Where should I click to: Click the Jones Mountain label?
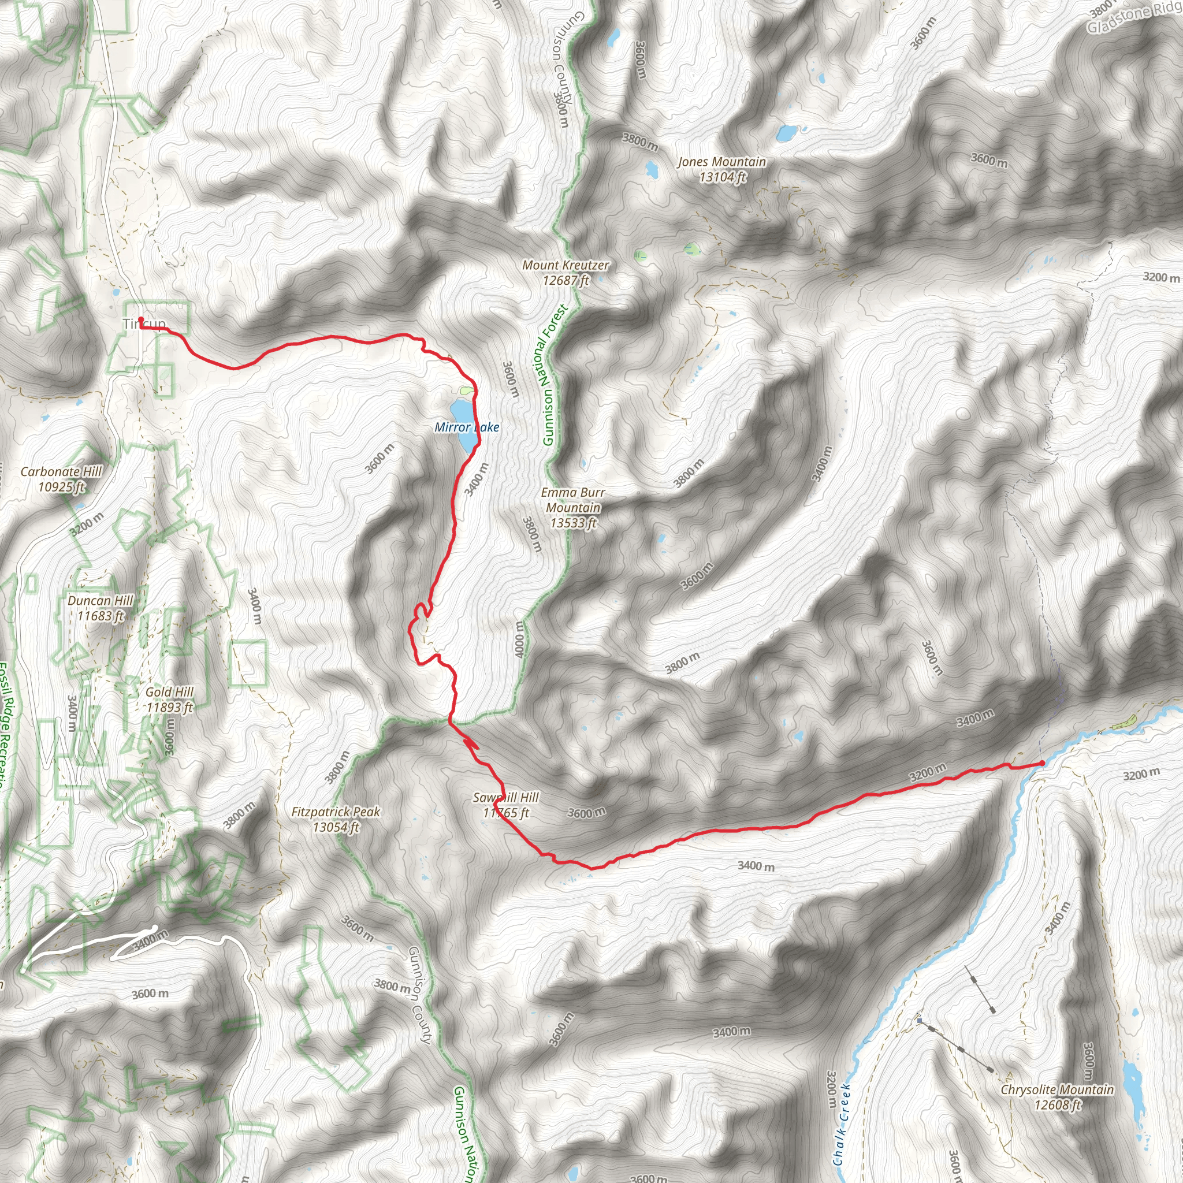[x=721, y=162]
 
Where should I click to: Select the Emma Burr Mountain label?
[x=573, y=507]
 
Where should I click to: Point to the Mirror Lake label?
[x=467, y=427]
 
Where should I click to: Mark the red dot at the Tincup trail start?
[x=141, y=319]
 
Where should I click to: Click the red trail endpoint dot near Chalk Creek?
[x=1042, y=763]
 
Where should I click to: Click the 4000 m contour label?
[x=519, y=639]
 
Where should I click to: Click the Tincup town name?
[x=144, y=324]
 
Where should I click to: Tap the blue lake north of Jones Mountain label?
[x=786, y=132]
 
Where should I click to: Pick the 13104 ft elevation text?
[x=723, y=177]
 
